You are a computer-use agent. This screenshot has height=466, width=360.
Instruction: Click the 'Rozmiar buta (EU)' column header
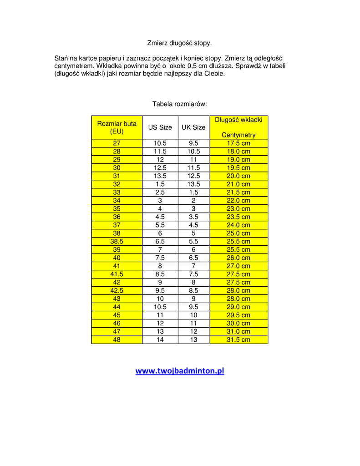coord(117,127)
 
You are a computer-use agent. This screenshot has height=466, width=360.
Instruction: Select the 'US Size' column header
coord(160,127)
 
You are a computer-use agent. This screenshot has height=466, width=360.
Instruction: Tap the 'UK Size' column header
coord(193,127)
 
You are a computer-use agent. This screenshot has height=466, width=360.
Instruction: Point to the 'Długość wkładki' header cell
coord(238,120)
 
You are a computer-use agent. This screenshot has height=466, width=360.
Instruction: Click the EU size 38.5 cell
coord(117,241)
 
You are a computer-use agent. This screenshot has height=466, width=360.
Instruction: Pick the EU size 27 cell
coord(117,143)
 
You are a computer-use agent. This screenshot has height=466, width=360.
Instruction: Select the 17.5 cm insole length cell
coord(238,143)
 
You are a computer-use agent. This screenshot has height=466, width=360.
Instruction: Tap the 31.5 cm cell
coord(238,339)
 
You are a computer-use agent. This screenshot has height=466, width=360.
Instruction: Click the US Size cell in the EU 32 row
coord(160,184)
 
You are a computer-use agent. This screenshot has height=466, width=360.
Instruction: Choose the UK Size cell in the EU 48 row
coord(193,339)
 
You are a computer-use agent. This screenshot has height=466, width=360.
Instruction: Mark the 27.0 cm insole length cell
coord(238,266)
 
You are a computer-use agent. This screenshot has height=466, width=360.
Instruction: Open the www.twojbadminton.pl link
coord(180,370)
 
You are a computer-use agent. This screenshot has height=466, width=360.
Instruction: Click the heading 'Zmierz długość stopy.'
coord(179,43)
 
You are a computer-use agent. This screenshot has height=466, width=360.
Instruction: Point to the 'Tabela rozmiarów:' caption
coord(179,104)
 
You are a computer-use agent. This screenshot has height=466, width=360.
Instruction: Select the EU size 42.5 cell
coord(117,290)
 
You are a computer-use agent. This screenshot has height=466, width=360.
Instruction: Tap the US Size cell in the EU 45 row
coord(160,315)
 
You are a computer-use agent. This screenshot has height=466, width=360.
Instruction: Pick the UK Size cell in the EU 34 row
coord(193,200)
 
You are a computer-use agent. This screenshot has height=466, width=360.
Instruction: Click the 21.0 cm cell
coord(238,184)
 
